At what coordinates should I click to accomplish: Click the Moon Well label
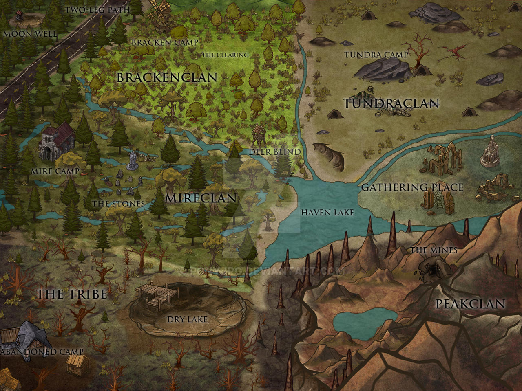click(x=29, y=34)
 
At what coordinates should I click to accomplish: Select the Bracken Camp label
click(x=164, y=42)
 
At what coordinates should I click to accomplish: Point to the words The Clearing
click(x=225, y=55)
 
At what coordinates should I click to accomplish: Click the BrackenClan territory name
click(x=167, y=77)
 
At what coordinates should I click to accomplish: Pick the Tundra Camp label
click(x=376, y=55)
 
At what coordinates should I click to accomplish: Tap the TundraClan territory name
click(x=391, y=103)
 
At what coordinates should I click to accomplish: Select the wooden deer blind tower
click(x=258, y=135)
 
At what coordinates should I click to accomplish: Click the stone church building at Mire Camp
click(x=57, y=141)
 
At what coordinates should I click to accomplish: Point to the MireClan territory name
click(x=201, y=198)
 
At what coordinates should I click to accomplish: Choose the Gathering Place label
click(x=412, y=187)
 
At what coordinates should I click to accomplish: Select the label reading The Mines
click(x=434, y=250)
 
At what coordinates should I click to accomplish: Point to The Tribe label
click(x=72, y=294)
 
